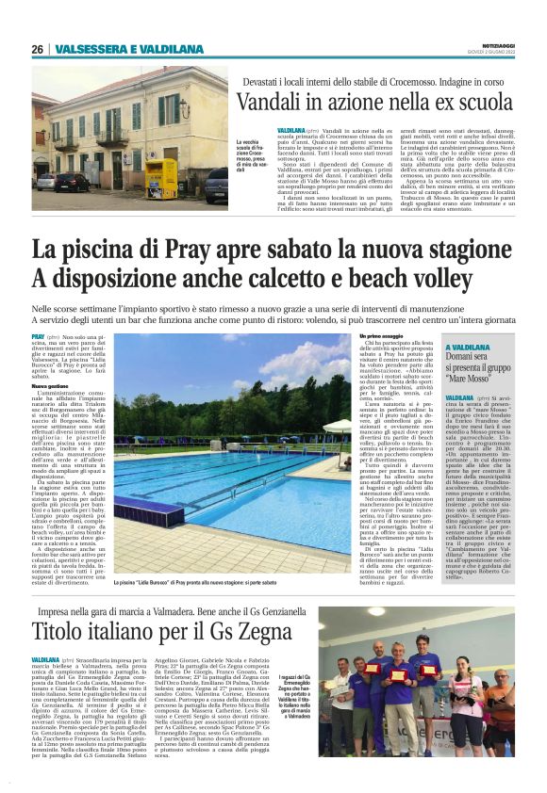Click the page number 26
[37, 49]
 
